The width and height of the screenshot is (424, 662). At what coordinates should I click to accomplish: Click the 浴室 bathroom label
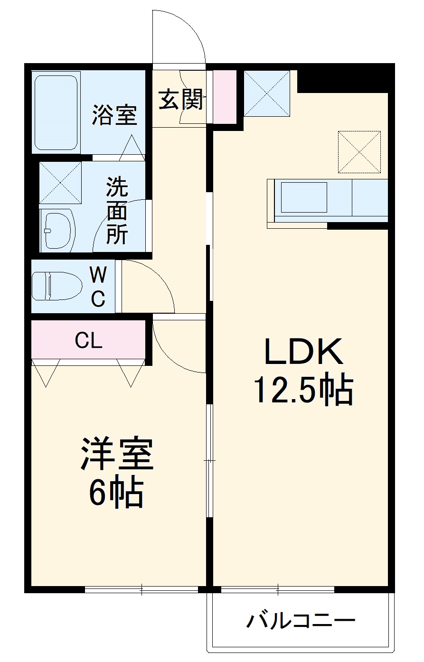114,114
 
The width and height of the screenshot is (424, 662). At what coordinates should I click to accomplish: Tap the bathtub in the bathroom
56,112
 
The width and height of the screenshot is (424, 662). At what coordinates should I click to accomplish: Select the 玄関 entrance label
181,99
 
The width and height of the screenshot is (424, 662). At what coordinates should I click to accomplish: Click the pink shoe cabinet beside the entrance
224,97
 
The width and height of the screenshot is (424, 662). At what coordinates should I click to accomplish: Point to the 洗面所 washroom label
117,210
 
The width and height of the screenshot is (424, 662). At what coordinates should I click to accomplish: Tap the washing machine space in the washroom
60,183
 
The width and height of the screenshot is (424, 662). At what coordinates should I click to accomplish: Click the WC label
98,287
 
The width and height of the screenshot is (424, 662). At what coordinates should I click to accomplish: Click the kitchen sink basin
303,197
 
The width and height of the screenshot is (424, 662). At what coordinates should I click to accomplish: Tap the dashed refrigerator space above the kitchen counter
359,152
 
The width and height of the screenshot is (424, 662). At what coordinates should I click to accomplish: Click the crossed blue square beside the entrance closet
266,93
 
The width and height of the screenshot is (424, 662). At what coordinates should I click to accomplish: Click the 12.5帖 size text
304,390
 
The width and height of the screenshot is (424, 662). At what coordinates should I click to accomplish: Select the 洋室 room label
117,454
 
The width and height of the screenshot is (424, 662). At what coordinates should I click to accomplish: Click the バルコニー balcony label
301,620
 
